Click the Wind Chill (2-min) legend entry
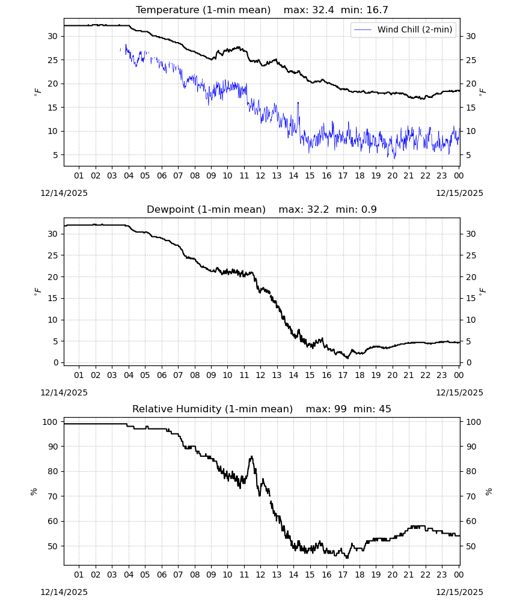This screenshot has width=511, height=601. pos(403,29)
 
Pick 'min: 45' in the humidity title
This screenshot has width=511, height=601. pos(372,409)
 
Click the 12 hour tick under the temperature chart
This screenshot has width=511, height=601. pos(260,175)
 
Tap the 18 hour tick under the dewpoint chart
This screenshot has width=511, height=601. pos(360,375)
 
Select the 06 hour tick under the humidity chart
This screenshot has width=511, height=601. pos(162,575)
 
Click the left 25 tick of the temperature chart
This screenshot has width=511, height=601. pos(52,59)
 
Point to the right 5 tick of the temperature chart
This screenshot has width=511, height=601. pos(468,155)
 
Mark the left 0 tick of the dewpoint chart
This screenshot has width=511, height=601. pos(56,362)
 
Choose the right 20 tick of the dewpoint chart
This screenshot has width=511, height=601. pos(471,276)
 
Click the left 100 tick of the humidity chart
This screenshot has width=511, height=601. pos(50,422)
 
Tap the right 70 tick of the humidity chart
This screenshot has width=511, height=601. pos(471,496)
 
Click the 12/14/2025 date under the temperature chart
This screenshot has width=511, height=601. pos(64,193)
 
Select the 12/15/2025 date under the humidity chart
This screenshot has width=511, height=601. pos(459,592)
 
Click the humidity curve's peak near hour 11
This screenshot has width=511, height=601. pos(251,457)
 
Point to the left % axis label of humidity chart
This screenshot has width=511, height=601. pos(34,492)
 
